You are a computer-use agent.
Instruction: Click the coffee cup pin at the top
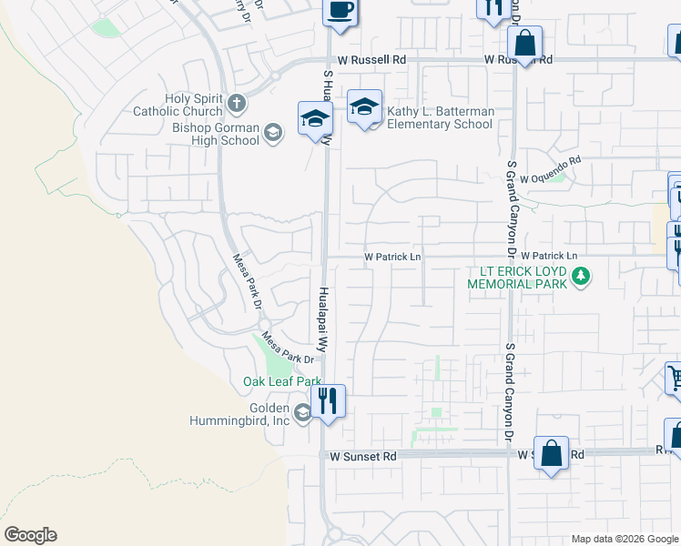[x=340, y=12]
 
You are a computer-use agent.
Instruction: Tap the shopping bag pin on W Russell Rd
[x=525, y=43]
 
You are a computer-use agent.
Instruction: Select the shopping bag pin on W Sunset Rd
[x=552, y=452]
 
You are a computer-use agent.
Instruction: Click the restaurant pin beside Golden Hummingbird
[x=329, y=400]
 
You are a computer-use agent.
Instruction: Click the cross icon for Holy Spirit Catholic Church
[x=237, y=102]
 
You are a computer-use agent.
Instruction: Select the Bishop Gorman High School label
[x=216, y=134]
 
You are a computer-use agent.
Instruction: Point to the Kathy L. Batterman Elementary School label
[x=440, y=117]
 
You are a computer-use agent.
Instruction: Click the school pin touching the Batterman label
[x=363, y=108]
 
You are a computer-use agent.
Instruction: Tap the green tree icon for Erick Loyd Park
[x=580, y=275]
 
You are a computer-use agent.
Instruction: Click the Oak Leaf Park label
[x=282, y=381]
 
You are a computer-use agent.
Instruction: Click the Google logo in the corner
[x=30, y=535]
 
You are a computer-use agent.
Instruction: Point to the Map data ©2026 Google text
[x=625, y=539]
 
